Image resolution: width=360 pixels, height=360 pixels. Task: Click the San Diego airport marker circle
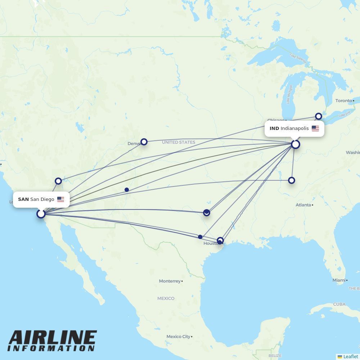tap(41, 214)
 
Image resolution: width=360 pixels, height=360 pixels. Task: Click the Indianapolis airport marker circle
tap(296, 144)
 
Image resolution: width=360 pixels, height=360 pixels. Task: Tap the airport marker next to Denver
tap(144, 142)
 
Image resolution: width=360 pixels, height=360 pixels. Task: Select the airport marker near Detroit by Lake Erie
tap(319, 116)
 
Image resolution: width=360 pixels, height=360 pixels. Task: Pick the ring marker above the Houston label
tap(220, 240)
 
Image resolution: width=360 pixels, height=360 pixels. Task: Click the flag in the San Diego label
tap(60, 199)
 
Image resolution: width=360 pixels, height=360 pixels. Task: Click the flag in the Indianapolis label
tap(315, 129)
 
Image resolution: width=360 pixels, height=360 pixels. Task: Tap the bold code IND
tap(274, 129)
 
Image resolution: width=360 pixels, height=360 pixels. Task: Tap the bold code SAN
tap(23, 199)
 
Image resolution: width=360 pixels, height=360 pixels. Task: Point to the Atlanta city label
tap(303, 205)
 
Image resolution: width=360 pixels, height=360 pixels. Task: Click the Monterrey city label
tap(170, 281)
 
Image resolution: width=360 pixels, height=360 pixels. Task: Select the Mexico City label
tap(178, 337)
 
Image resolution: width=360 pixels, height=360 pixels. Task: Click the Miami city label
tap(339, 280)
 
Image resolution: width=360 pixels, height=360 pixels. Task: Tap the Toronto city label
tap(343, 101)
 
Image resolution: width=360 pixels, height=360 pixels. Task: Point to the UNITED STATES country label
tap(179, 142)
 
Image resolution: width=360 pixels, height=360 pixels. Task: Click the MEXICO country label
tap(166, 298)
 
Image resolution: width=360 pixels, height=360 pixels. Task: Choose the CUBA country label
tap(339, 304)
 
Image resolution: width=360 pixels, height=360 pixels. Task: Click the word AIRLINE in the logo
tap(53, 338)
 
